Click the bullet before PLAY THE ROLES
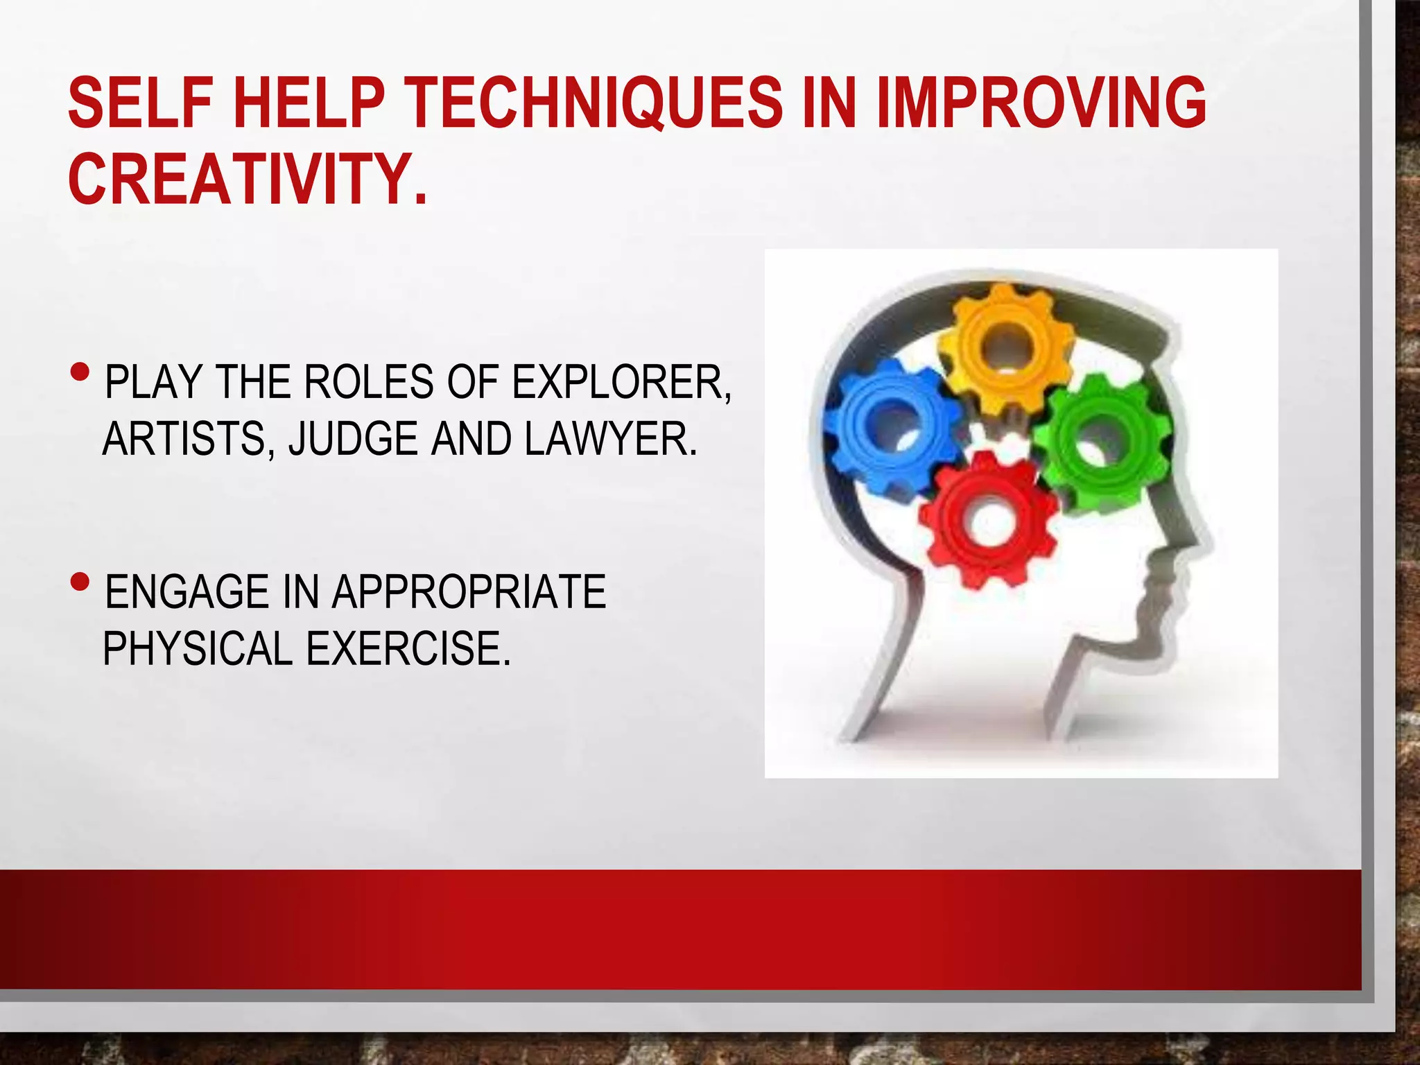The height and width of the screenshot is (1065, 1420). coord(80,373)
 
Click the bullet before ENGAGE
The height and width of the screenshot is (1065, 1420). coord(80,580)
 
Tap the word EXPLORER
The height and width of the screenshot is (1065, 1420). coord(621,382)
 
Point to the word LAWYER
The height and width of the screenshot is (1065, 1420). coord(610,439)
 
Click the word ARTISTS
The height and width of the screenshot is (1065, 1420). coord(184,440)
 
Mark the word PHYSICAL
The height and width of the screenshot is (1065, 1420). coord(198,648)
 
